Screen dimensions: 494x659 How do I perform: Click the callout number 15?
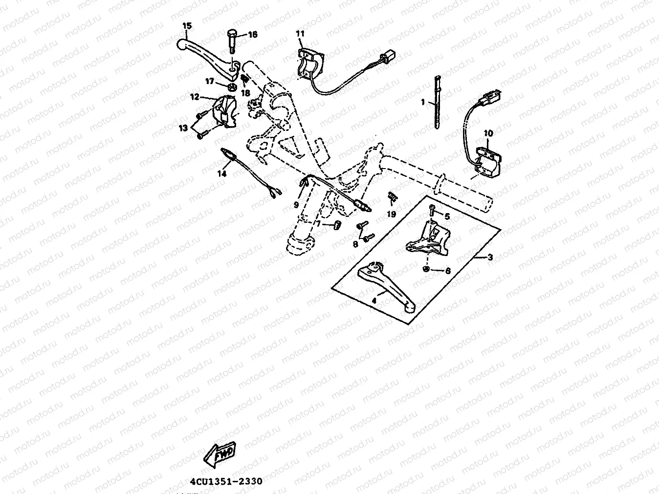point(187,26)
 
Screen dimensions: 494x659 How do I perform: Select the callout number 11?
point(300,33)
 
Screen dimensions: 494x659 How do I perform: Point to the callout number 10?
point(488,133)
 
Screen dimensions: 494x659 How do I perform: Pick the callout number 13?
point(183,128)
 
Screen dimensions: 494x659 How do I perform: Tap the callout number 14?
point(222,173)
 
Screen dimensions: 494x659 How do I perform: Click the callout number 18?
point(245,93)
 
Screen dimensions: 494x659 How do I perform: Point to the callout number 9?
point(296,205)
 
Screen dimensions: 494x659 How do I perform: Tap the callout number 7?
point(319,223)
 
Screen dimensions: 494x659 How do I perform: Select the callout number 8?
point(356,243)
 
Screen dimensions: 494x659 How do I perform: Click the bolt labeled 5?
point(432,211)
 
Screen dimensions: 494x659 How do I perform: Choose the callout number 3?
point(490,258)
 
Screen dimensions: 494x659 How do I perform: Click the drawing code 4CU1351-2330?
point(226,481)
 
